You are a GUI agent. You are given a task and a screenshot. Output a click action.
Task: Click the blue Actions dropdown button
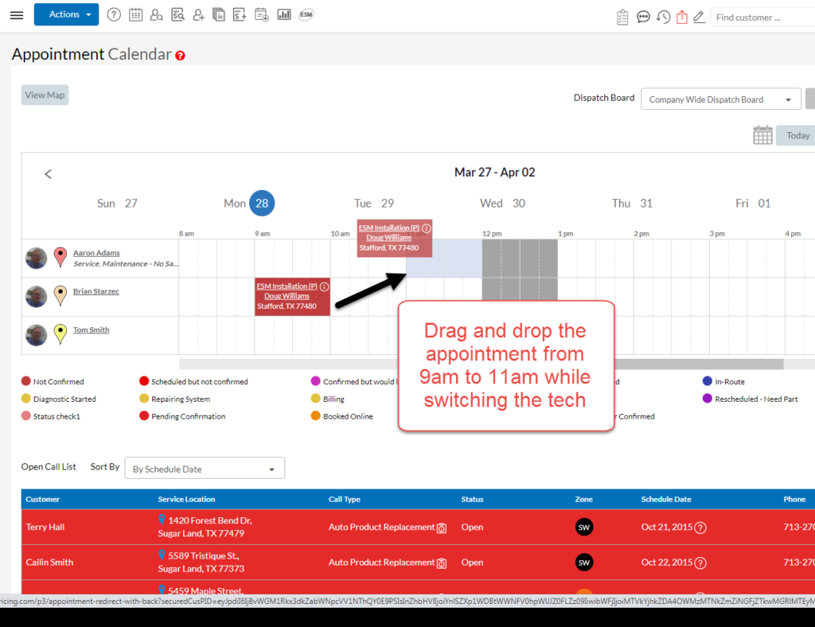point(66,14)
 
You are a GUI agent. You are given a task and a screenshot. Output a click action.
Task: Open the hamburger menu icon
point(16,15)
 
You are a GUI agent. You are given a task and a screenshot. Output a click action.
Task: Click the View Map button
point(45,95)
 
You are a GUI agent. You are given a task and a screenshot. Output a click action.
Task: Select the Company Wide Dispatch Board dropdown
point(720,99)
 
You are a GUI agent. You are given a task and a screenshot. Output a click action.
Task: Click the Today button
point(797,135)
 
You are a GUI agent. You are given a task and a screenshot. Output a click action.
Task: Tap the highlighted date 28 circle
point(262,203)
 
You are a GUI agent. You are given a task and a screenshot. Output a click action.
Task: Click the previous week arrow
point(48,173)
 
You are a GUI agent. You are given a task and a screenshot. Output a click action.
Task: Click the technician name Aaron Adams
point(96,253)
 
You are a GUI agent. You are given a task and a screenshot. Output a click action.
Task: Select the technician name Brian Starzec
point(96,291)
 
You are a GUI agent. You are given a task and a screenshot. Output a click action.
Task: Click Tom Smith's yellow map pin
point(60,333)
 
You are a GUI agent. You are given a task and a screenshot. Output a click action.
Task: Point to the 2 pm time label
point(641,234)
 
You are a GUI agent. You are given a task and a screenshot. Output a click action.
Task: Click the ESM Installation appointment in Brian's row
point(292,296)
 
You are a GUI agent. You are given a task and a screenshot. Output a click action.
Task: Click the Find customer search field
point(760,17)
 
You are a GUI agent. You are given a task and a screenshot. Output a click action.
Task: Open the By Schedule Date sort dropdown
point(205,469)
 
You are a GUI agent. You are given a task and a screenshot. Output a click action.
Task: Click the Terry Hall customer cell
point(45,527)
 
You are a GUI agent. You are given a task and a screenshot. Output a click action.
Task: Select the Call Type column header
point(345,499)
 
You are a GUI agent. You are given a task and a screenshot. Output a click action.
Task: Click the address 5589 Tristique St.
point(205,555)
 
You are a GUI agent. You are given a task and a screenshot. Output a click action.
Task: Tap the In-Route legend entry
point(728,382)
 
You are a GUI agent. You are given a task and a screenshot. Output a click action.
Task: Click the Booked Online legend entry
point(347,416)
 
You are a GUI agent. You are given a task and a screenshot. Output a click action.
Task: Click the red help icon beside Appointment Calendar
point(181,56)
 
